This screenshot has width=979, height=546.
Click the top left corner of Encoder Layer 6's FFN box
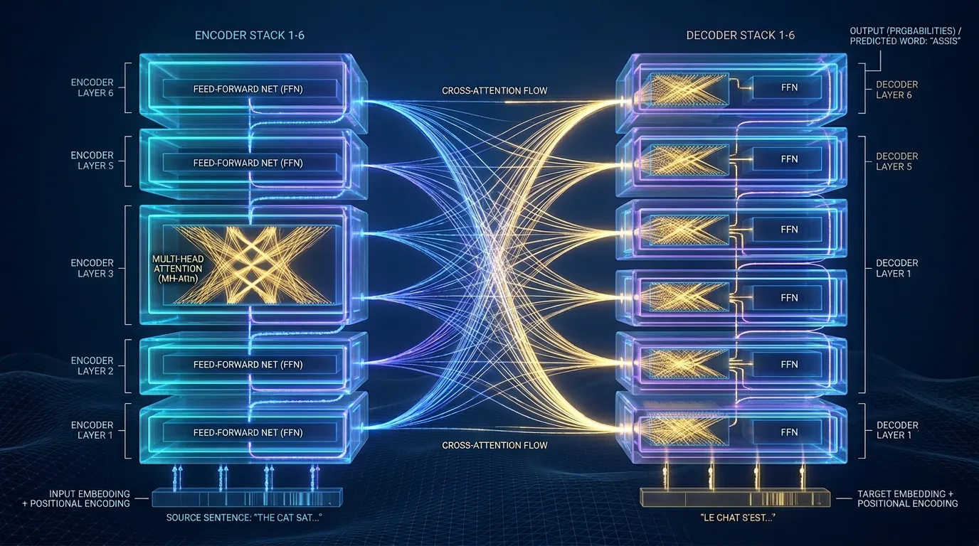[x=164, y=80]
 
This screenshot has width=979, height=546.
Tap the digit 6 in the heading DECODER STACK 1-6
[x=790, y=36]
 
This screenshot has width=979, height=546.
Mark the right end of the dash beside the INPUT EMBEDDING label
[x=149, y=498]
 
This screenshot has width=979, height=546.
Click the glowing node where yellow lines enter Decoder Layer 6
[x=623, y=102]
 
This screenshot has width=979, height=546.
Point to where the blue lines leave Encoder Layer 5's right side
[x=362, y=166]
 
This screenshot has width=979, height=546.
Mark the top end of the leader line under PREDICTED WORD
[x=880, y=51]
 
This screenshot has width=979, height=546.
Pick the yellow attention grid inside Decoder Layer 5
[x=689, y=159]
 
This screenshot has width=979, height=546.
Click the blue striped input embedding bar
[x=247, y=498]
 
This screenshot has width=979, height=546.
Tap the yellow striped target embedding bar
[x=735, y=498]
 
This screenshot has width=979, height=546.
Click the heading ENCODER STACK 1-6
[x=250, y=36]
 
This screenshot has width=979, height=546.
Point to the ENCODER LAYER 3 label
[x=92, y=268]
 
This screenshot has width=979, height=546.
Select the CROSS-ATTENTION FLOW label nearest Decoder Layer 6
[x=494, y=91]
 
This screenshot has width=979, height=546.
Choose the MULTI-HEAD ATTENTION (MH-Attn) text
[x=178, y=269]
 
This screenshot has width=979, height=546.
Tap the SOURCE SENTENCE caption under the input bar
[x=244, y=518]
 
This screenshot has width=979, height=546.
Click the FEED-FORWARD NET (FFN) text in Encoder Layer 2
[x=248, y=365]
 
